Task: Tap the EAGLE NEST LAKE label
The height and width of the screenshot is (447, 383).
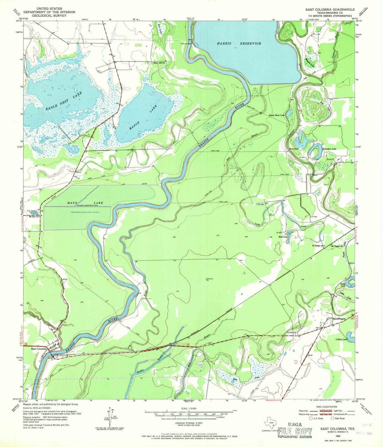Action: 64,102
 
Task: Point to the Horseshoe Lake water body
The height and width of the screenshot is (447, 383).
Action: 314,151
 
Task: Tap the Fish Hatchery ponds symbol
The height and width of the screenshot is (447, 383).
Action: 33,212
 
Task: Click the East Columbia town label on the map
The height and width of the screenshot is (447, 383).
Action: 39,349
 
